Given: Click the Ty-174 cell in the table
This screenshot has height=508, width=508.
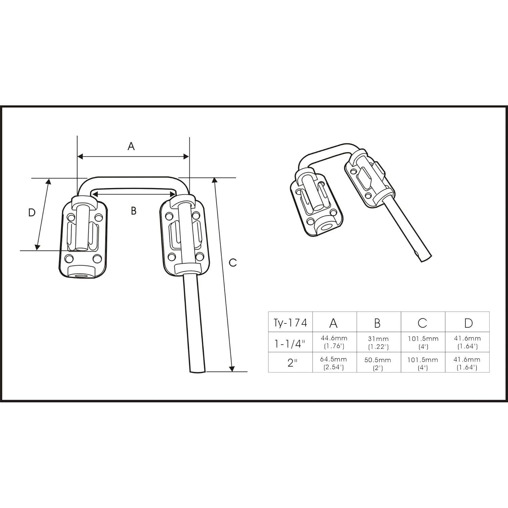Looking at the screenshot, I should click(290, 323).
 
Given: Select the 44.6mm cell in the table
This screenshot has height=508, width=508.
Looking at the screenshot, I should click(334, 342).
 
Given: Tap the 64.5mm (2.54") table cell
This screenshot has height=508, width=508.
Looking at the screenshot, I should click(334, 363).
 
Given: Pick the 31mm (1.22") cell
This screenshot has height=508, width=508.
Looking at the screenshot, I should click(378, 342).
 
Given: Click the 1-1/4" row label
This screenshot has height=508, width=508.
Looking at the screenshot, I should click(290, 344).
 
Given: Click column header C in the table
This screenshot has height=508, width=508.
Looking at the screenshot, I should click(422, 323).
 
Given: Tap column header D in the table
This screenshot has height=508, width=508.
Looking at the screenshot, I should click(468, 323).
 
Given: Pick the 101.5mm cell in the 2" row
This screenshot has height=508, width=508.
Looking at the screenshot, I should click(423, 363).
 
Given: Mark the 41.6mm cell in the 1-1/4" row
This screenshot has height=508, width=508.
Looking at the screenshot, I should click(467, 342).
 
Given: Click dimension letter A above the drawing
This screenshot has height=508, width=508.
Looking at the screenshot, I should click(131, 146).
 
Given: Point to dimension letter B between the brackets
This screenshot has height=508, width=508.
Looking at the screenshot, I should click(133, 211).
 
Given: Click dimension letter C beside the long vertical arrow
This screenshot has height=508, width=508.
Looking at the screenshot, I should click(233, 262).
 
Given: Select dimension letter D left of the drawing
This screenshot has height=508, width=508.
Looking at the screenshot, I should click(31, 213).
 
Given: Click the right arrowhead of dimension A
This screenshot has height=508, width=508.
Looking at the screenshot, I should click(186, 156).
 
